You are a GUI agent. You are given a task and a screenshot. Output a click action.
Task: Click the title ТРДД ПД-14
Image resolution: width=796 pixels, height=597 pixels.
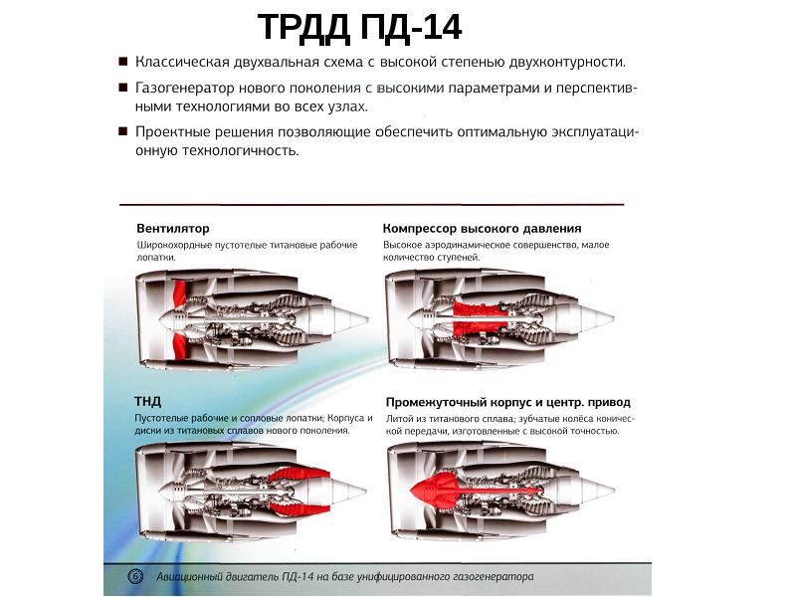coord(359,28)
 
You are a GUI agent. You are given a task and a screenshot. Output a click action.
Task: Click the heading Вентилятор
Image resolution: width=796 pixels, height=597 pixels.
coord(172,229)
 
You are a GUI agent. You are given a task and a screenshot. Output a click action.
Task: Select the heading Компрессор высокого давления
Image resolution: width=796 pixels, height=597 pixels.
coord(483,229)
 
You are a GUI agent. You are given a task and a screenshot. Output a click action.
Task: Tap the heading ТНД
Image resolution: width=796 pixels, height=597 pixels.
coord(147,402)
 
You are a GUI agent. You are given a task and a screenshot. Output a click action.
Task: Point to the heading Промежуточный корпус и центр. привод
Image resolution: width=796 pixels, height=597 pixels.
coord(507,403)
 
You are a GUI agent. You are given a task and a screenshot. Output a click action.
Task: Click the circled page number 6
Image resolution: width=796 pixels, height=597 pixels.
coord(135,576)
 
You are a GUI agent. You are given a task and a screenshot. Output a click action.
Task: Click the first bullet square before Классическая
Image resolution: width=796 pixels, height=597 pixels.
coord(122,62)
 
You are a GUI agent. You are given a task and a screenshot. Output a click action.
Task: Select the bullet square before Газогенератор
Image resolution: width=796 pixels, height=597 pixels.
coord(122,88)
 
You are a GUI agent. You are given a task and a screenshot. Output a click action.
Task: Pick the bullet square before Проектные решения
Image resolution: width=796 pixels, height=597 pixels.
coord(122,131)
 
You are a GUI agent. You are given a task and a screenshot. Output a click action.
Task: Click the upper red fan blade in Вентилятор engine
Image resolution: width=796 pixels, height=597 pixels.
coord(179,294)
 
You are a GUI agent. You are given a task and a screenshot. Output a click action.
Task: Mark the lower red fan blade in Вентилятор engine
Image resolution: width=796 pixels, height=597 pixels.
coord(179,345)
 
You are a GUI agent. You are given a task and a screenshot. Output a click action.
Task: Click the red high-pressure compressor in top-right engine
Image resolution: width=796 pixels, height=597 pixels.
coord(480,318)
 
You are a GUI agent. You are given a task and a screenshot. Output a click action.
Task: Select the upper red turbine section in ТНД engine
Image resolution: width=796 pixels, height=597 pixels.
coord(300,477)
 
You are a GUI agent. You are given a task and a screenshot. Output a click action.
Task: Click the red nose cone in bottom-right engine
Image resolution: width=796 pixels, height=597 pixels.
coord(433,489)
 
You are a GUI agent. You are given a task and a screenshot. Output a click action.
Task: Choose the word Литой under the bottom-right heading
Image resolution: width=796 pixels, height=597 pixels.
coord(398,419)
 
